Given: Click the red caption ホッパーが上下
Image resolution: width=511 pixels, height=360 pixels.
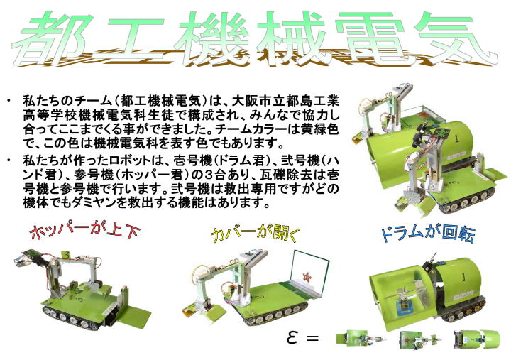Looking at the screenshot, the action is (84, 231).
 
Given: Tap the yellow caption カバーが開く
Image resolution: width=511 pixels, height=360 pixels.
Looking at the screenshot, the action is (255, 234).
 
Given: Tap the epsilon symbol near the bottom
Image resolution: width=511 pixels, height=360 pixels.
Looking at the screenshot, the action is (292, 337).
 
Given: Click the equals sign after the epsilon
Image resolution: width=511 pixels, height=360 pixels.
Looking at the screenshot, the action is (312, 338).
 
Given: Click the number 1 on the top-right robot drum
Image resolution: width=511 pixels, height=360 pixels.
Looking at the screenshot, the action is (456, 139).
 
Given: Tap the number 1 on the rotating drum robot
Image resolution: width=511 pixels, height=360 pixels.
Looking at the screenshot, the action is (463, 278).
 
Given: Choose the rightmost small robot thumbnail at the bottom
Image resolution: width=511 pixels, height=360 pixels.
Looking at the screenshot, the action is (476, 339).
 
